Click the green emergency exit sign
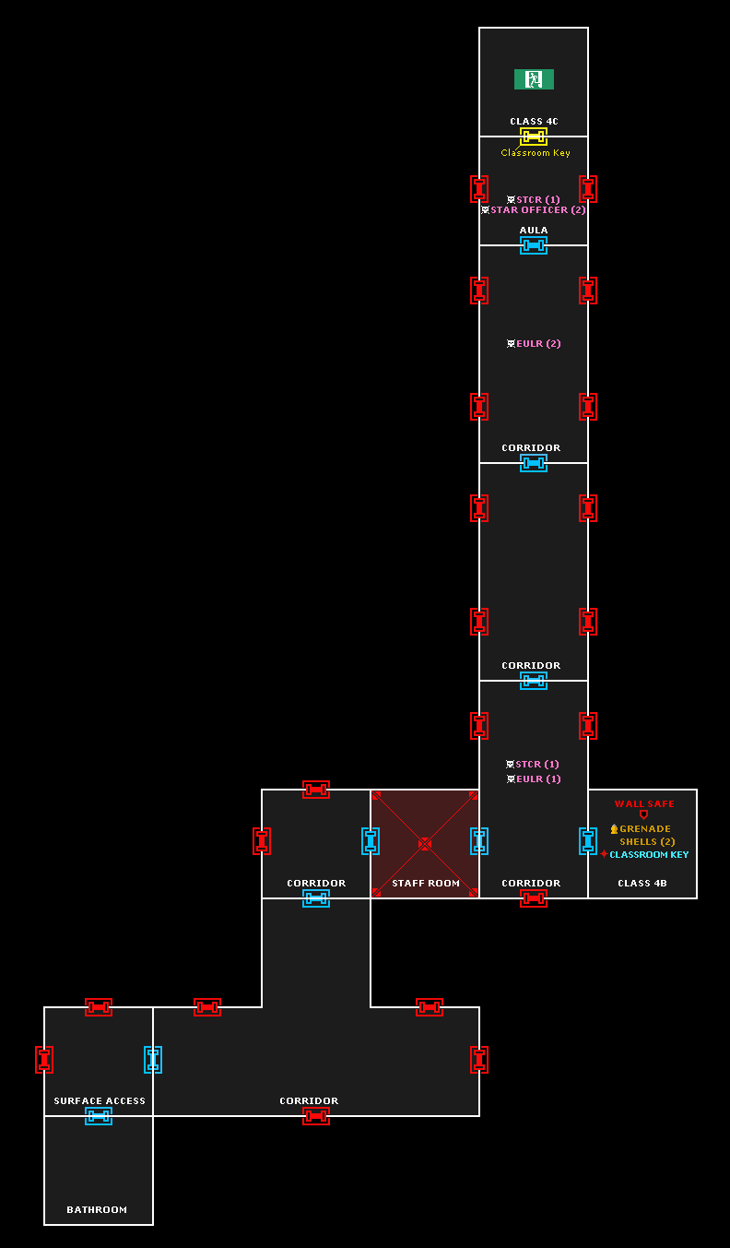click(x=534, y=79)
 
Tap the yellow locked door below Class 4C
click(x=534, y=137)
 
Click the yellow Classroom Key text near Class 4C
click(x=536, y=153)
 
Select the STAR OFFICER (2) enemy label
click(x=537, y=210)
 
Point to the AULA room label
click(x=534, y=231)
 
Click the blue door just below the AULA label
click(x=534, y=245)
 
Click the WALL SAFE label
click(x=644, y=804)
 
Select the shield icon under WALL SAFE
click(x=643, y=815)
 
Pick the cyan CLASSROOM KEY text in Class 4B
click(x=649, y=855)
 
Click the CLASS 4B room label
click(x=642, y=884)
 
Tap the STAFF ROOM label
click(x=426, y=884)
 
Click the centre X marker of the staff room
click(x=425, y=843)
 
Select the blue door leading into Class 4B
click(x=588, y=841)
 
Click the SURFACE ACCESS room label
click(x=100, y=1101)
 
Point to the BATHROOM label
click(x=97, y=1210)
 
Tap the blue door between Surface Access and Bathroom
click(x=99, y=1116)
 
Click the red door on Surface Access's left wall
click(x=44, y=1060)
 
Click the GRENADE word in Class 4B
click(x=645, y=829)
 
